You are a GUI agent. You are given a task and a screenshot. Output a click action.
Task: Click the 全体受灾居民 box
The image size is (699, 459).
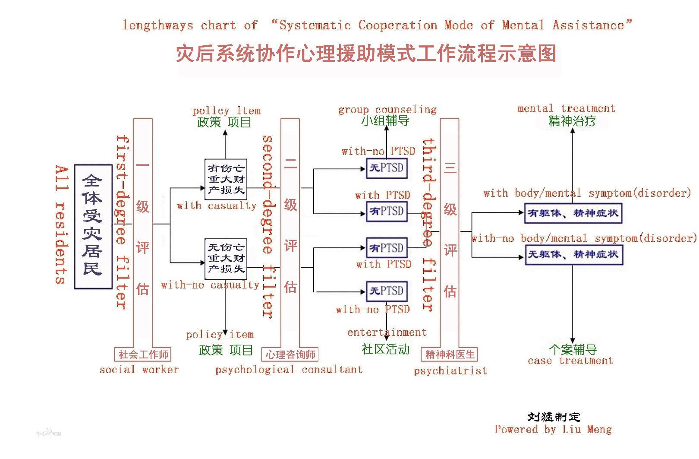93,226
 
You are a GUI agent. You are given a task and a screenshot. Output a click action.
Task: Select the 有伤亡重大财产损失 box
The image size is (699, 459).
226,179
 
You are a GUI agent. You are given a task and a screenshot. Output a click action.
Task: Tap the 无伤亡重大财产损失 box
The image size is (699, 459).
226,258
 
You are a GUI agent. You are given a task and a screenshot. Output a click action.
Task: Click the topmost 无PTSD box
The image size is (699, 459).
387,168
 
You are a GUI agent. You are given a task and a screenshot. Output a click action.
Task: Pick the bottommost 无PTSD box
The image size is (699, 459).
387,291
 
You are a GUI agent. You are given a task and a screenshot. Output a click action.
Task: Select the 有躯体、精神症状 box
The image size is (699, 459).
573,213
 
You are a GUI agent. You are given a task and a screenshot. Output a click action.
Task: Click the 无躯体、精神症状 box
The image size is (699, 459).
573,254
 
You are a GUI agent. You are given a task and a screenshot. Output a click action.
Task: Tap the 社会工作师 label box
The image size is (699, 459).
143,355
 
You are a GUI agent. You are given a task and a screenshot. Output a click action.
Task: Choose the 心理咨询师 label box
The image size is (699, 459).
290,355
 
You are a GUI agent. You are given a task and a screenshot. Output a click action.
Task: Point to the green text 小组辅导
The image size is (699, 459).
385,120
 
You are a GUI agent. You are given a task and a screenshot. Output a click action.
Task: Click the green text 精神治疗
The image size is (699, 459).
572,121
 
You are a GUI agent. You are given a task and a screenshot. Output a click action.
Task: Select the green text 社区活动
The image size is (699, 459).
385,349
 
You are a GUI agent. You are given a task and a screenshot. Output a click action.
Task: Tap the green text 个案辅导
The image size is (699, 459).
573,349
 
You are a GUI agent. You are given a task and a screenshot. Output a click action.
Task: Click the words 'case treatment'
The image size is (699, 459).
570,361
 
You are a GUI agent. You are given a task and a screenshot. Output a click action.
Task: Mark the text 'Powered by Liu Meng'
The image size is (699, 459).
553,429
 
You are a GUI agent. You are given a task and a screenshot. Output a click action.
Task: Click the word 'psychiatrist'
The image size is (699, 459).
450,370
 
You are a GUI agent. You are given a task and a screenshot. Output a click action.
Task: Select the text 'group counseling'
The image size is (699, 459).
387,110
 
